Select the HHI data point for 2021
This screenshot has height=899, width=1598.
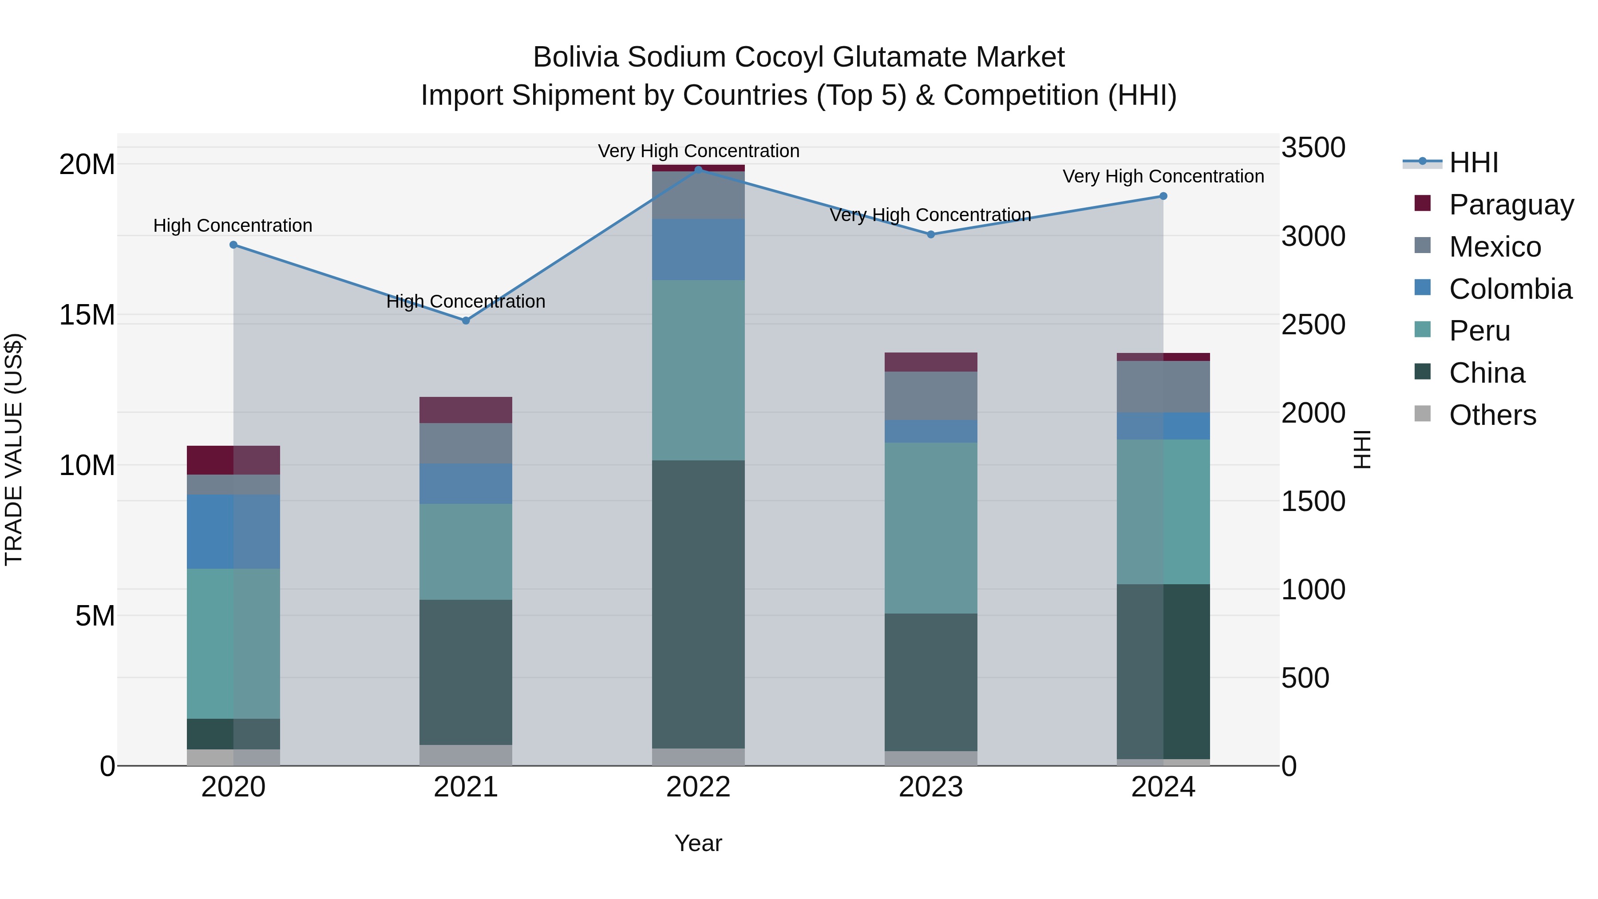tap(466, 321)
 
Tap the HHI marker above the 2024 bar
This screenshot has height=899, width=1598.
tap(1163, 196)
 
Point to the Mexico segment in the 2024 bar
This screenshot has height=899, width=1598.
tap(1163, 387)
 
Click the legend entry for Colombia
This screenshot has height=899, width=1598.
tap(1510, 289)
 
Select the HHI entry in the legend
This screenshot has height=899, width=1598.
tap(1473, 162)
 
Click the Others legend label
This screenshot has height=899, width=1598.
tap(1492, 415)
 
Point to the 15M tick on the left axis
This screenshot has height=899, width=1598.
tap(87, 315)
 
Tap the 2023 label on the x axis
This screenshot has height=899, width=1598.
tap(930, 787)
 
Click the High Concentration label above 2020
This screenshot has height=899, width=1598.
tap(233, 226)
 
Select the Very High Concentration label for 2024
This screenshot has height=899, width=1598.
tap(1163, 177)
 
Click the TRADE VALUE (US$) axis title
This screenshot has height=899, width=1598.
tap(14, 449)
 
